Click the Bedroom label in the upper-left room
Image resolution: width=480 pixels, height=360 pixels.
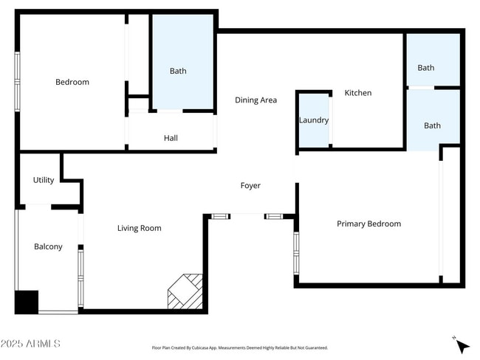tap(72, 82)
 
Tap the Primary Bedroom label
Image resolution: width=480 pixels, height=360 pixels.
tap(368, 224)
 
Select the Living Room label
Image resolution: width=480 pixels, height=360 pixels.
tap(139, 228)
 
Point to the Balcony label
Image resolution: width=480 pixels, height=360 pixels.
tap(48, 246)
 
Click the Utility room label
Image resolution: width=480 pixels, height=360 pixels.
tap(44, 180)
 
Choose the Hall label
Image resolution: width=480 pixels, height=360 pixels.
tap(171, 138)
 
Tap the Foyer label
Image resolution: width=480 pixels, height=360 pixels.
tap(250, 185)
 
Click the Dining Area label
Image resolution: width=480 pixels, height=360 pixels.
tap(256, 100)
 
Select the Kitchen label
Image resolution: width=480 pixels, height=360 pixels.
tap(358, 93)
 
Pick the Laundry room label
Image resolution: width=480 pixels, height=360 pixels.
tap(314, 120)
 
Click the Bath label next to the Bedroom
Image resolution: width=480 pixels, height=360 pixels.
tap(178, 71)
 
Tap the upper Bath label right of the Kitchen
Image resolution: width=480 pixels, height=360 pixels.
tap(426, 67)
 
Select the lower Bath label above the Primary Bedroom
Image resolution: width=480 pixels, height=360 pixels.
tap(432, 125)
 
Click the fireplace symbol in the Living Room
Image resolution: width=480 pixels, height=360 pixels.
tap(185, 291)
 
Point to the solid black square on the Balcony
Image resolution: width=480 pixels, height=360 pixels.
tap(27, 302)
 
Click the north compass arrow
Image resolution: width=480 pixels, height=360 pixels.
tap(462, 345)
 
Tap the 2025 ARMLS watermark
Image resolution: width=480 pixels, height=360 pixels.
tap(31, 344)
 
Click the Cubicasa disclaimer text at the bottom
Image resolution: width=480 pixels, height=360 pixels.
tap(239, 347)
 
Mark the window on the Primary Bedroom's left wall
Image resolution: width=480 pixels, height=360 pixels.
tap(296, 253)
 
